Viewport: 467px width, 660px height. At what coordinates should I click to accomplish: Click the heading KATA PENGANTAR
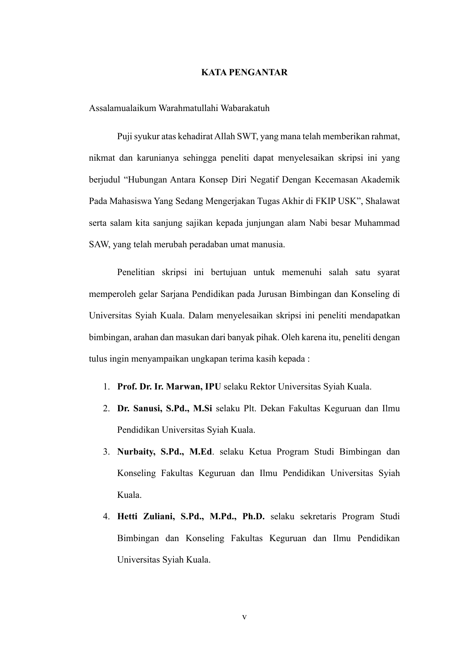[244, 73]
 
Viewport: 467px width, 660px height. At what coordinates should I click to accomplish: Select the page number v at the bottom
[244, 617]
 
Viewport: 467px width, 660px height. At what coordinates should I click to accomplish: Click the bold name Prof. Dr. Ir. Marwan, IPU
[169, 386]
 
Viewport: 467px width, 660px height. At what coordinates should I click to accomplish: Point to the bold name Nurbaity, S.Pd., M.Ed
[164, 452]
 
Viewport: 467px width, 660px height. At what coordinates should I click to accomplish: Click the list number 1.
[106, 386]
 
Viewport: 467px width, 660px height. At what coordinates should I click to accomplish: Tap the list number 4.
[106, 516]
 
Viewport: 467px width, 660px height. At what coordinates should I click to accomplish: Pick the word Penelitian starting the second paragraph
[136, 272]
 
